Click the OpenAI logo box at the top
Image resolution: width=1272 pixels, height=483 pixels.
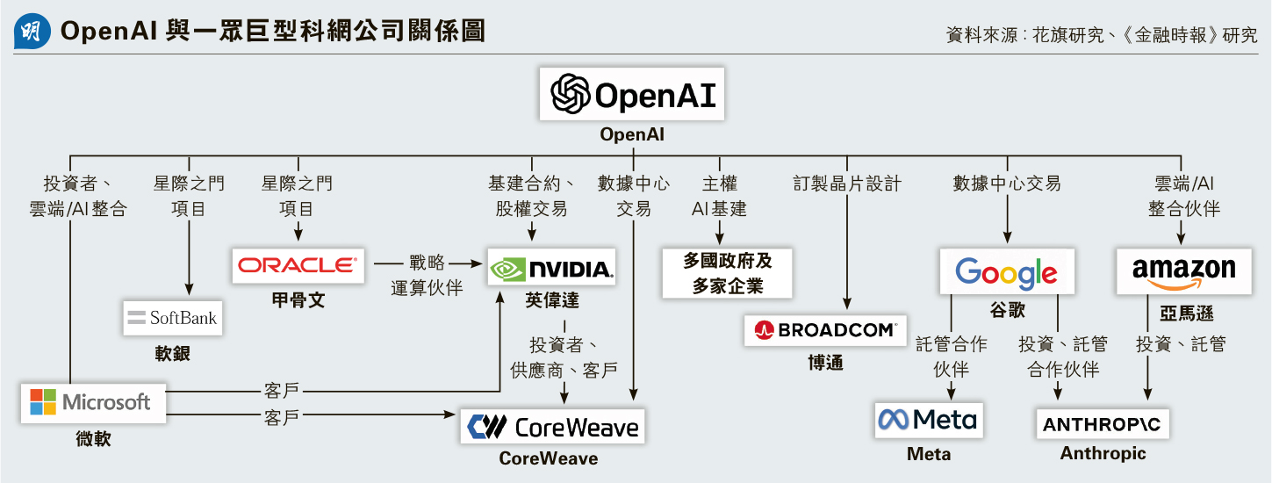631,94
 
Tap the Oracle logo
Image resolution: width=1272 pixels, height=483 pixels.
298,264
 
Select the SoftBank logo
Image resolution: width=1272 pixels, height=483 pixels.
172,317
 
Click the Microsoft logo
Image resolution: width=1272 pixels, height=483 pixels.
94,403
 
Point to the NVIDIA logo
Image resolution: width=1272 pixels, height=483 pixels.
551,268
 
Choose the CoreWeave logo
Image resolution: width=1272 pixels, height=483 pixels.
552,427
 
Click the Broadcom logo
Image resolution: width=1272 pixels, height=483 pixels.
825,330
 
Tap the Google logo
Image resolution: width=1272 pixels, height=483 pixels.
1006,271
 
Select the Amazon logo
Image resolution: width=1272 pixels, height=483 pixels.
1183,270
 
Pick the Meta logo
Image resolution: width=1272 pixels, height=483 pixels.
928,420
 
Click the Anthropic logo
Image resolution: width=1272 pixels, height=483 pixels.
1102,425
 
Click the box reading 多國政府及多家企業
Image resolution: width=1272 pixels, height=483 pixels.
727,273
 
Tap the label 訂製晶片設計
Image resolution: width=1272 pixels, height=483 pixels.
847,184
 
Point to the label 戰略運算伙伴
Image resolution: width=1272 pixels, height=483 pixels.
427,275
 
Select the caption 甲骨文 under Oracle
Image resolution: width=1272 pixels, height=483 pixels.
298,299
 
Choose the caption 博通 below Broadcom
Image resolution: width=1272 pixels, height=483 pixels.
825,362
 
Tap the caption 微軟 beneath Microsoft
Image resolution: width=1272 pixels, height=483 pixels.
93,438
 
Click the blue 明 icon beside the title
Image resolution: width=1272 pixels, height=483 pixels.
31,32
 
